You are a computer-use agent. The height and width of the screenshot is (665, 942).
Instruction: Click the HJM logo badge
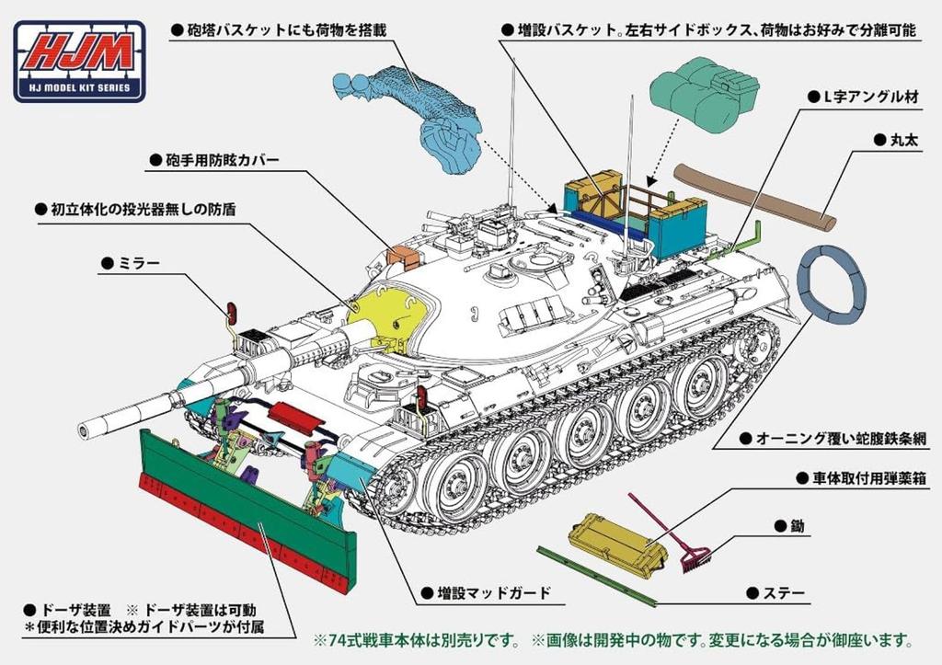78,61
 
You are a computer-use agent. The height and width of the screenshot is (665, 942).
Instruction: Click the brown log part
754,195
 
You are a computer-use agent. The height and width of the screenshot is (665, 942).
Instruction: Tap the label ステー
783,592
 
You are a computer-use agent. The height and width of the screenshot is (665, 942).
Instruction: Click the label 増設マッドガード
493,592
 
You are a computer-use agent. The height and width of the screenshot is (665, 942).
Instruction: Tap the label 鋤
783,526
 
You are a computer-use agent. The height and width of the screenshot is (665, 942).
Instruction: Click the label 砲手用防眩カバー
220,160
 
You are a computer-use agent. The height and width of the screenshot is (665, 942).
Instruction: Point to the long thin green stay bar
598,576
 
